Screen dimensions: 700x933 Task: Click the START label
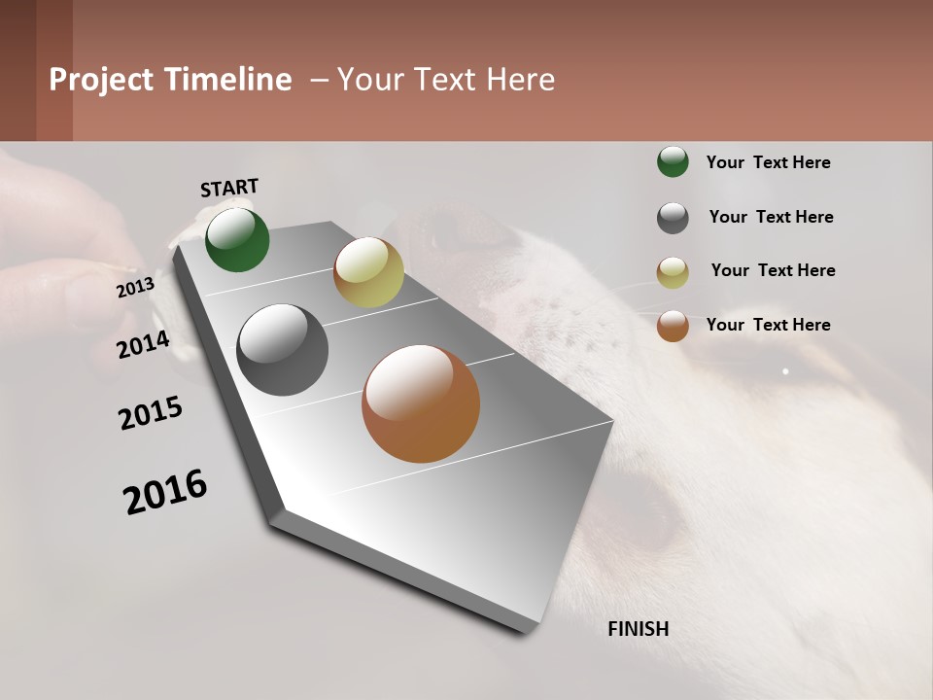[x=229, y=188]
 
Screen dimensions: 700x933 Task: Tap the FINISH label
[x=638, y=629]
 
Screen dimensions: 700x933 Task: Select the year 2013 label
[x=135, y=287]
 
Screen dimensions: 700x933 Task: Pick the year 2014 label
[x=143, y=345]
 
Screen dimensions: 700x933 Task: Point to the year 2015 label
[x=151, y=413]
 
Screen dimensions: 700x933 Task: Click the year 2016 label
[x=165, y=492]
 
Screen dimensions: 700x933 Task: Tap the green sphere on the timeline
[x=237, y=240]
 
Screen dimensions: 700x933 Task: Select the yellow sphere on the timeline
[x=368, y=272]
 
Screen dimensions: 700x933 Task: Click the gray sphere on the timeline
[x=283, y=350]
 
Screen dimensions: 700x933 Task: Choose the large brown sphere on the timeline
[x=421, y=403]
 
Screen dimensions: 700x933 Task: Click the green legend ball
[x=673, y=161]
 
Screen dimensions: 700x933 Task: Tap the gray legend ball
[x=673, y=218]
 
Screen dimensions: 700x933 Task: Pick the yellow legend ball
[x=673, y=272]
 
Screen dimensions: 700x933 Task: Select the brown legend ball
[x=673, y=327]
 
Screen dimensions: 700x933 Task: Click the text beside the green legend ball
[x=768, y=162]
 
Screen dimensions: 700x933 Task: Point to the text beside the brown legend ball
[x=768, y=325]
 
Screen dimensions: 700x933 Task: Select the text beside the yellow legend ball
[x=773, y=270]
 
